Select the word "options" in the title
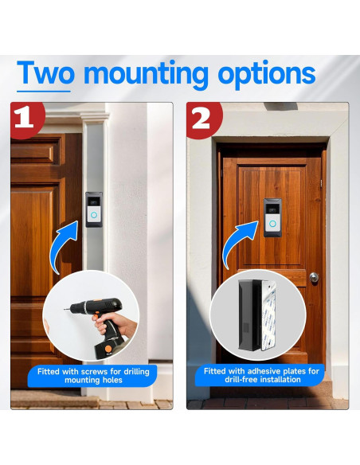pos(267,74)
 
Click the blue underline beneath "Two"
pos(44,90)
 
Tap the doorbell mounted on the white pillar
pos(94,209)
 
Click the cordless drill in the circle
pos(92,322)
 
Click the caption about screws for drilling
pos(92,376)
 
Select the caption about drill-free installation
pos(262,376)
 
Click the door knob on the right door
pos(314,277)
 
